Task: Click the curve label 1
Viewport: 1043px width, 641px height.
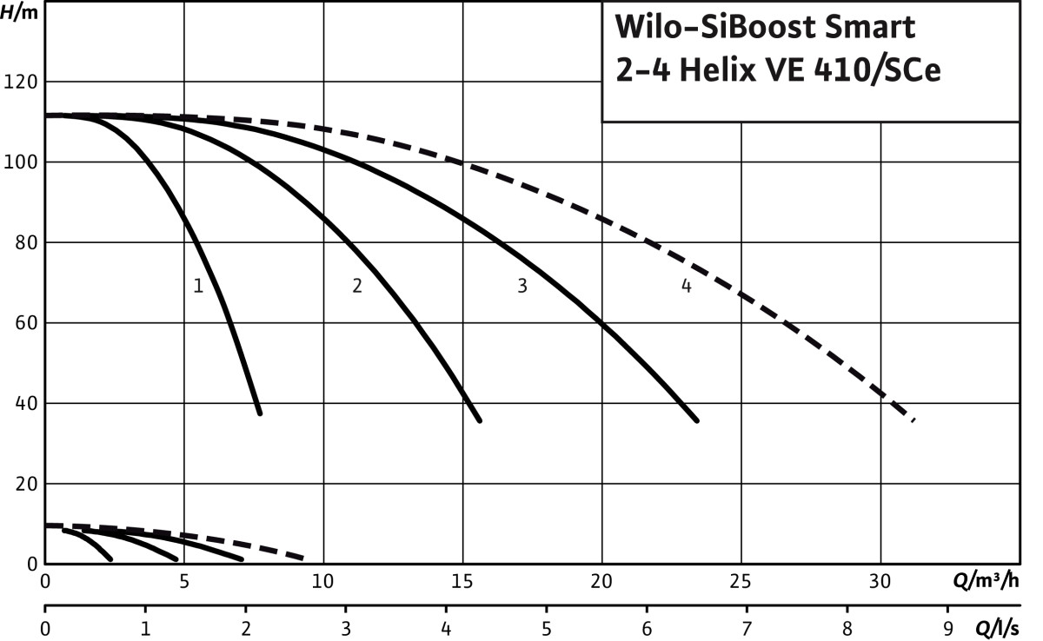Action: (198, 286)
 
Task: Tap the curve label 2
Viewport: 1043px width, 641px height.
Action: (356, 286)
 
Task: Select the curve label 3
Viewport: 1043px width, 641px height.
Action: (521, 286)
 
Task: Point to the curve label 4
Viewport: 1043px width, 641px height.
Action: (686, 286)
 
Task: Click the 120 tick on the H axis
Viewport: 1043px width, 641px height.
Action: (23, 82)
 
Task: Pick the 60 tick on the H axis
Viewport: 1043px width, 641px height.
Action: (27, 323)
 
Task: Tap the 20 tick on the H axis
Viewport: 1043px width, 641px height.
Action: (27, 484)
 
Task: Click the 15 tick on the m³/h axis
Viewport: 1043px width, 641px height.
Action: (462, 580)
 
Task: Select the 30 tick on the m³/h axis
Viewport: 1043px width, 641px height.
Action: (880, 580)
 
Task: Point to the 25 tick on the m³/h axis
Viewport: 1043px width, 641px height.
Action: (741, 580)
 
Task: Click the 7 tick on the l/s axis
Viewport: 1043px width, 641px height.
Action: (747, 625)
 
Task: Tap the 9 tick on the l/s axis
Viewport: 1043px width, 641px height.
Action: (947, 625)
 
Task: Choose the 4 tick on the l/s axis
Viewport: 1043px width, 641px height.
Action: (446, 625)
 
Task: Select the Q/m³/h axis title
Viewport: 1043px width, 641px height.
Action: (990, 580)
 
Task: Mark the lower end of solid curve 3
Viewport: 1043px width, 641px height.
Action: (696, 420)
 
